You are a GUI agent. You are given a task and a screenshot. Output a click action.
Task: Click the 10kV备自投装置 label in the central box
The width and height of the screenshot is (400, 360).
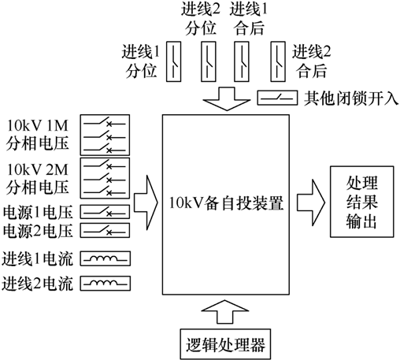point(226,203)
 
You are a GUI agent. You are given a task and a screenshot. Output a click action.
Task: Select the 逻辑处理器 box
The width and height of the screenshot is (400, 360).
point(225,344)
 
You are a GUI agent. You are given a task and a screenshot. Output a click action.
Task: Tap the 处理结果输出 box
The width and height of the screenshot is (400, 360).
point(362,202)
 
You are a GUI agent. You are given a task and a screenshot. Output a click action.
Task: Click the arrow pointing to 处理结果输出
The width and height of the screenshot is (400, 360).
point(311,202)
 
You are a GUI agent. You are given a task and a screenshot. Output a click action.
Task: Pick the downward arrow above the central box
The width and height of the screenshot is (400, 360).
point(227,98)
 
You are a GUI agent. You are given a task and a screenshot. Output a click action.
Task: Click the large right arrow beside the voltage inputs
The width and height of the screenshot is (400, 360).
point(146,202)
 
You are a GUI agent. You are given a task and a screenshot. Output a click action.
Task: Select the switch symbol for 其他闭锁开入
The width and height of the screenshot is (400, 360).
point(277,98)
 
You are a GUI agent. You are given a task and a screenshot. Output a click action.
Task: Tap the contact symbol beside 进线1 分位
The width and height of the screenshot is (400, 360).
point(174,61)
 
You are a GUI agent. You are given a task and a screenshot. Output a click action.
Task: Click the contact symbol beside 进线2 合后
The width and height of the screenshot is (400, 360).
point(278,61)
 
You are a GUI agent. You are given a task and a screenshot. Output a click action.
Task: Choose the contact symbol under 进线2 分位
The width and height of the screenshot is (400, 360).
point(209,61)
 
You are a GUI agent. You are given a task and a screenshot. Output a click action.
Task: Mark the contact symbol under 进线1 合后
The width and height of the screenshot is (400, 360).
point(242,61)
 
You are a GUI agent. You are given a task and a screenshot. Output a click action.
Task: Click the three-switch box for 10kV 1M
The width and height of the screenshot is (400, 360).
point(105,135)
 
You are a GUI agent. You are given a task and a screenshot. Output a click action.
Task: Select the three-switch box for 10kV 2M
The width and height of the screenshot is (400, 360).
point(105,178)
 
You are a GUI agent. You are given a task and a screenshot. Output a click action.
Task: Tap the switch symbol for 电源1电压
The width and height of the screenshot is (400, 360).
point(105,212)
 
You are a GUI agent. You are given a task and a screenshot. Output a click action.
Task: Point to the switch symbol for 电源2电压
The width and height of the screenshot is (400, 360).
point(105,230)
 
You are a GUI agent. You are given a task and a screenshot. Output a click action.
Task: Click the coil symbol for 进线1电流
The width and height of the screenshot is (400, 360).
point(106,258)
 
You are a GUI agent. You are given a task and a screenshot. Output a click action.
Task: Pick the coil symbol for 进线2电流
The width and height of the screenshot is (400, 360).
point(106,283)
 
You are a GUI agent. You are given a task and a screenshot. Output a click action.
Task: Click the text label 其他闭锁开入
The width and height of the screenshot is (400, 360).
point(351,98)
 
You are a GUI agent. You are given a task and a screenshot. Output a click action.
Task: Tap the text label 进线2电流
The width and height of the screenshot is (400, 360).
point(37,284)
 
